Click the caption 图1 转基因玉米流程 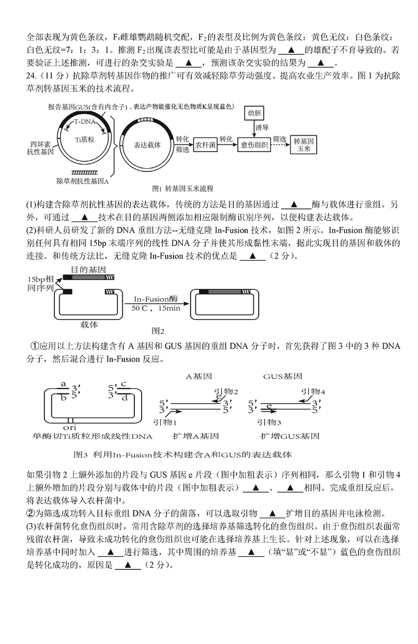182,188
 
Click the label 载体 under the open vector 89,324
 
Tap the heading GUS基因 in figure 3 282,376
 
